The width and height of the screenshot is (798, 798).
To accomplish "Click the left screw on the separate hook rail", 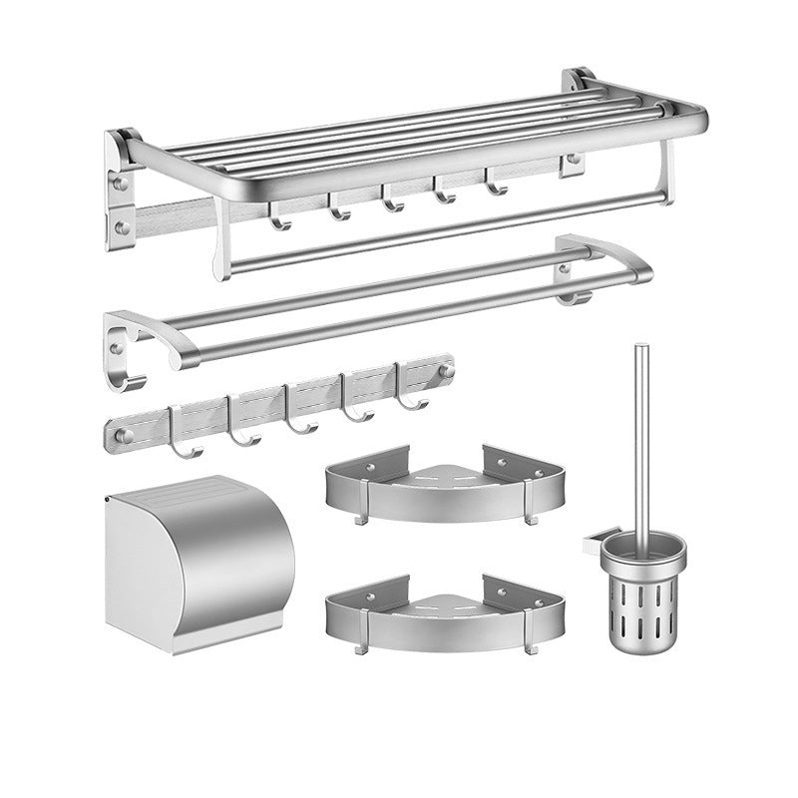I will [x=122, y=436].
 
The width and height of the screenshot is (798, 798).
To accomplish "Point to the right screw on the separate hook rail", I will [x=446, y=371].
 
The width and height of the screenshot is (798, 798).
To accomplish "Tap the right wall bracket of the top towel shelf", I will [x=576, y=120].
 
